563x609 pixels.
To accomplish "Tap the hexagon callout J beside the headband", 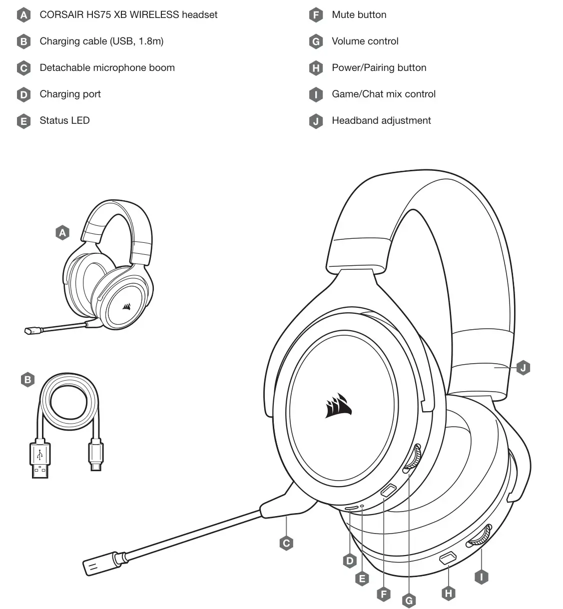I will pyautogui.click(x=523, y=368).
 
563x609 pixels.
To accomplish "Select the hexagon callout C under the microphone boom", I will pyautogui.click(x=286, y=544).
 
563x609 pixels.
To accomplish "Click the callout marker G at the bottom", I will pyautogui.click(x=409, y=600).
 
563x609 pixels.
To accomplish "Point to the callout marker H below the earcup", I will pyautogui.click(x=448, y=593).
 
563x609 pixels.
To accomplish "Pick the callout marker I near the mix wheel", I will pyautogui.click(x=481, y=577).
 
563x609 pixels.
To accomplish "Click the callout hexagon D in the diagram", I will pyautogui.click(x=350, y=561).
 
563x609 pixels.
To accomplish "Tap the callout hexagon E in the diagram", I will pyautogui.click(x=362, y=579).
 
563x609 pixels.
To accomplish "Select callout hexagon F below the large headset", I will pyautogui.click(x=384, y=594).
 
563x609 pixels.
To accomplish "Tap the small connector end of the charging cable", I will pyautogui.click(x=95, y=455).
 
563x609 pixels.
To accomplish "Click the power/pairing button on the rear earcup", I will pyautogui.click(x=447, y=559).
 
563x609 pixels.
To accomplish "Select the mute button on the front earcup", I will pyautogui.click(x=389, y=490).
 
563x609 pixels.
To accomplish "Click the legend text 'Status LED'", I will pyautogui.click(x=64, y=120).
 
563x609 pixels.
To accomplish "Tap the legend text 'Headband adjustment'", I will pyautogui.click(x=381, y=120).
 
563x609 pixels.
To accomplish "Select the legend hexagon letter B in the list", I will pyautogui.click(x=23, y=41).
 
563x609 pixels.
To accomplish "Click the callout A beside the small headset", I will pyautogui.click(x=62, y=233).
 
